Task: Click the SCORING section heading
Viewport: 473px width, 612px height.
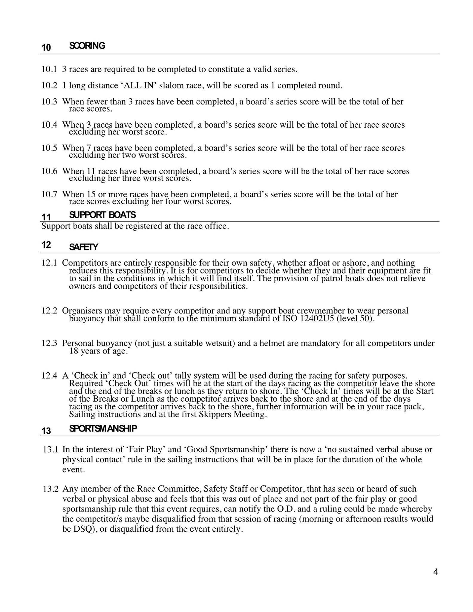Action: coord(87,46)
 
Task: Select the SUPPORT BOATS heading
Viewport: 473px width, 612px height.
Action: coord(102,215)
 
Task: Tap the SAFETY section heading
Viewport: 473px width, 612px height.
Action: coord(83,247)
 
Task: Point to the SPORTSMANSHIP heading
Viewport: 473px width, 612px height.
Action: coord(103,429)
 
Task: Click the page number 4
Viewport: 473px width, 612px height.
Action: coord(435,572)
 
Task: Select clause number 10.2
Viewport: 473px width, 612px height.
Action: coord(49,86)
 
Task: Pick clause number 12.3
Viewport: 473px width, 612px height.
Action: coord(49,343)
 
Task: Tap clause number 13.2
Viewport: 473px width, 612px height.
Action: coord(51,489)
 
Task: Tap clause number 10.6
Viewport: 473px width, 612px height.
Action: coord(49,171)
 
